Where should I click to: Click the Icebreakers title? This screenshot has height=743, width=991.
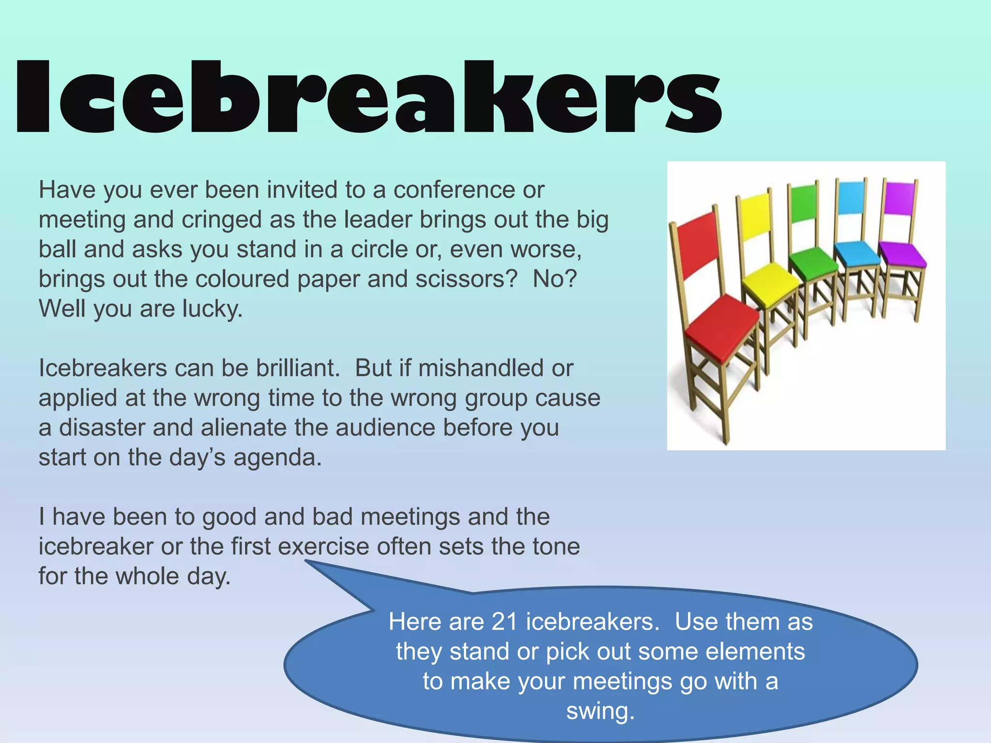[x=368, y=97]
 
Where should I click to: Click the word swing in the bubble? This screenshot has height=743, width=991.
[x=600, y=711]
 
